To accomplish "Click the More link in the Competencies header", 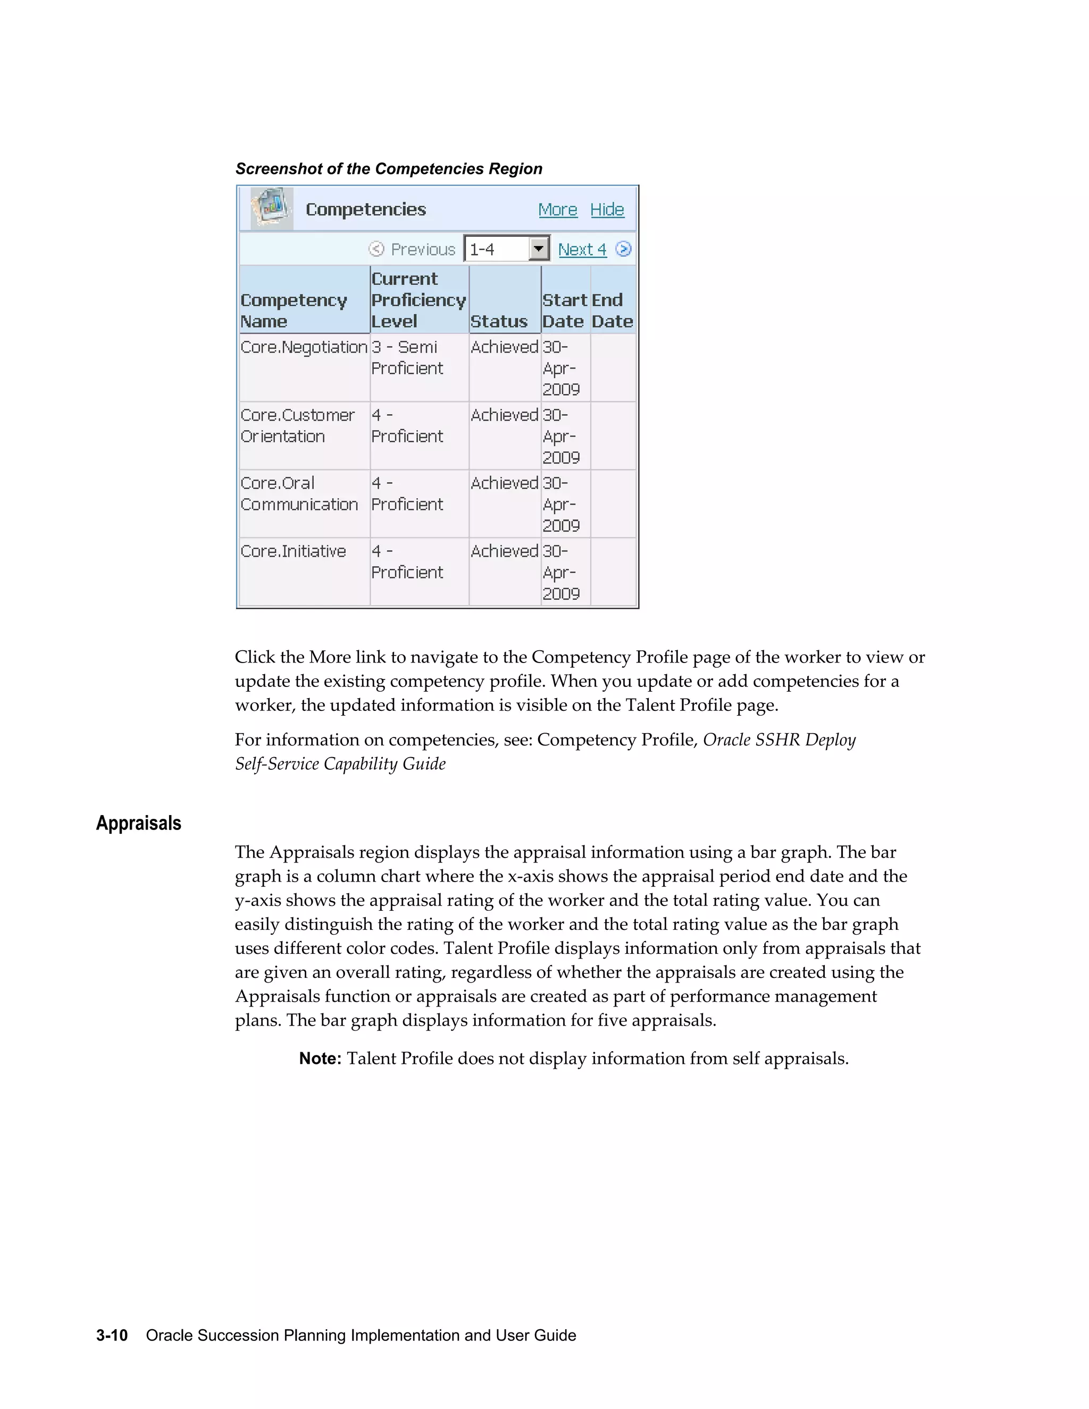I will (557, 209).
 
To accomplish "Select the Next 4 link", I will (582, 250).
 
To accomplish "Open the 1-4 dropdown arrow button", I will (538, 248).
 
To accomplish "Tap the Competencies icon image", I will (272, 208).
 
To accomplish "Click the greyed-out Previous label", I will (423, 250).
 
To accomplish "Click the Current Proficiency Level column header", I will (418, 300).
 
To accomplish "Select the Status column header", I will (499, 321).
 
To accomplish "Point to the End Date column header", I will (612, 311).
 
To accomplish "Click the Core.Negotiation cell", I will (304, 348).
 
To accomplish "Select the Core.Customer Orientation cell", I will (297, 426).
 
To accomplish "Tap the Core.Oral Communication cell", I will (299, 494).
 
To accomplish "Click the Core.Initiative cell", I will (294, 551).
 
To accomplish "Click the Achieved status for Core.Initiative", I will (504, 551).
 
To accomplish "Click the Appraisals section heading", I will (139, 823).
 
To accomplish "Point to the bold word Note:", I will (320, 1059).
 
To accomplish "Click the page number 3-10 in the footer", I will (112, 1336).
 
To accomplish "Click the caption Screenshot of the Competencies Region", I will (388, 169).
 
